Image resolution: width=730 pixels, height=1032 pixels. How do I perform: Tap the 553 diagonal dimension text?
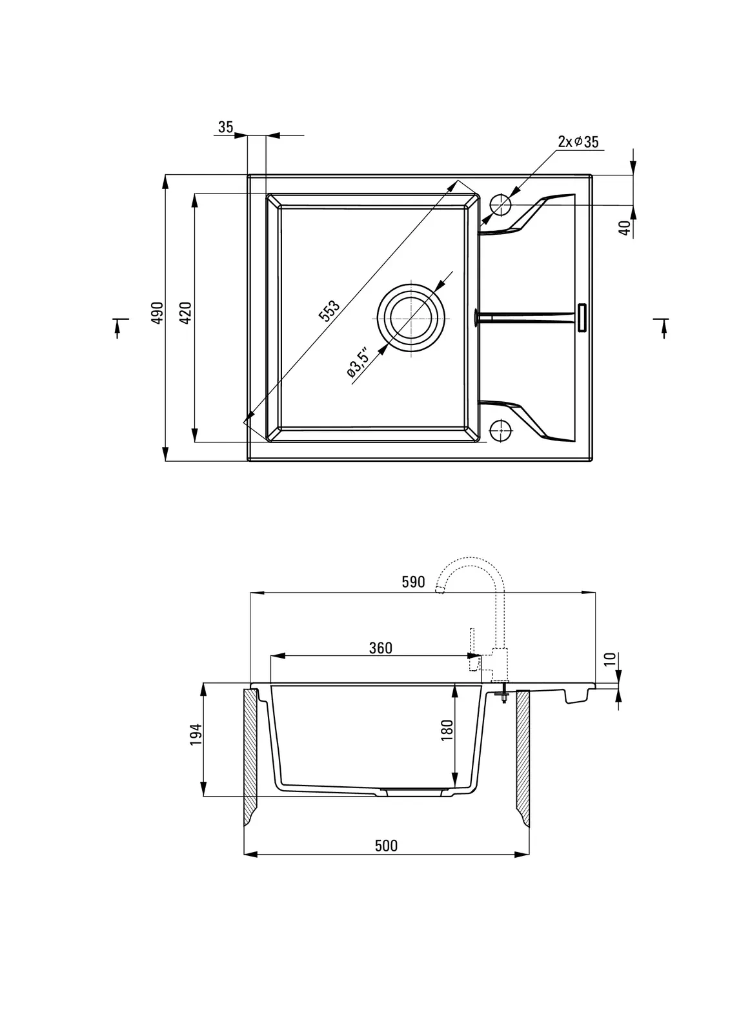pyautogui.click(x=329, y=311)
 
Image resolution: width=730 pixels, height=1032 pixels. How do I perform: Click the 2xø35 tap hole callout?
pyautogui.click(x=578, y=142)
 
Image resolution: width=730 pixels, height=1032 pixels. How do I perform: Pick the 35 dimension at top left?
pyautogui.click(x=225, y=127)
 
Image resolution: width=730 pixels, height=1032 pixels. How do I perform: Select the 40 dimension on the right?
pyautogui.click(x=624, y=227)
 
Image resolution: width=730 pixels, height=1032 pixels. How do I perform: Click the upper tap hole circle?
pyautogui.click(x=500, y=204)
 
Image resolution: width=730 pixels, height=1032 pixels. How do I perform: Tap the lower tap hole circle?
pyautogui.click(x=500, y=429)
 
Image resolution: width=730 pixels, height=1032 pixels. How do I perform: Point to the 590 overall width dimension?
pyautogui.click(x=413, y=582)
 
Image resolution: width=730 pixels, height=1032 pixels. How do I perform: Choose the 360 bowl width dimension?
pyautogui.click(x=381, y=648)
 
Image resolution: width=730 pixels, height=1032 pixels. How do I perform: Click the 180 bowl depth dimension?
pyautogui.click(x=447, y=730)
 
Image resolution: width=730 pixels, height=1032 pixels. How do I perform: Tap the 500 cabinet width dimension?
pyautogui.click(x=386, y=846)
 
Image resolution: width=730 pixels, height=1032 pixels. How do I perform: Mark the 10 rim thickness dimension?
pyautogui.click(x=609, y=659)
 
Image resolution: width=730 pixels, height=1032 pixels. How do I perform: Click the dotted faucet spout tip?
pyautogui.click(x=440, y=588)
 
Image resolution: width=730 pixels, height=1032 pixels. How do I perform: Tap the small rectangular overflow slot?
pyautogui.click(x=581, y=317)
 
